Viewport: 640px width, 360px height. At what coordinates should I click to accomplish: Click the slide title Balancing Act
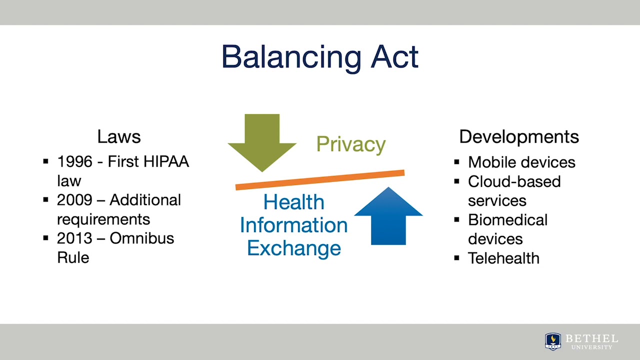click(x=319, y=57)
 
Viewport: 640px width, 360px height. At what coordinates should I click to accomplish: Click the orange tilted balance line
click(x=320, y=180)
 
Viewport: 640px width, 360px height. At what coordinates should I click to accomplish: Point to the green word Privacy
click(x=351, y=144)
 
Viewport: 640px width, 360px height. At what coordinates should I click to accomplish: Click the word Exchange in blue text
click(x=294, y=248)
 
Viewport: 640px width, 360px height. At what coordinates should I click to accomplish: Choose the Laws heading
click(x=119, y=136)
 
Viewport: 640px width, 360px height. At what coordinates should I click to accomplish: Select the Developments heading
click(x=519, y=136)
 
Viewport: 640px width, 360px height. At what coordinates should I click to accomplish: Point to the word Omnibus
click(x=142, y=238)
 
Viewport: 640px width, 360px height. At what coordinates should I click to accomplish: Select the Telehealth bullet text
click(x=503, y=258)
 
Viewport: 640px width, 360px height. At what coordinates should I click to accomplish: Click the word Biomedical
click(x=507, y=220)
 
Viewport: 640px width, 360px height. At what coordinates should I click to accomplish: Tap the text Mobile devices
click(x=521, y=162)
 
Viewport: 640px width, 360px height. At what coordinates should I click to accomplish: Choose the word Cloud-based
click(x=514, y=181)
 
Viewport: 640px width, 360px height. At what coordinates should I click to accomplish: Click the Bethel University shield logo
click(x=552, y=341)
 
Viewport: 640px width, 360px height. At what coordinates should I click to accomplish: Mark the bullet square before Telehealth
click(x=457, y=258)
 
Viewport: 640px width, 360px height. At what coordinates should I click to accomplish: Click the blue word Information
click(x=294, y=225)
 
